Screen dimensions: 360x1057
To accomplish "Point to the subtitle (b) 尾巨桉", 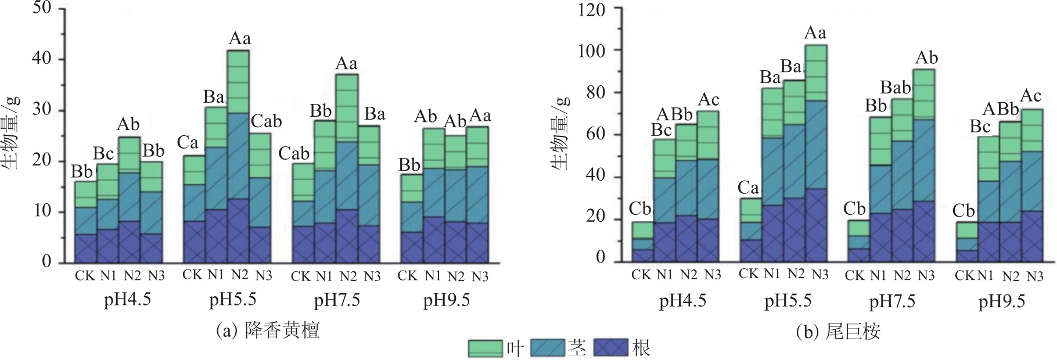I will click(x=838, y=332).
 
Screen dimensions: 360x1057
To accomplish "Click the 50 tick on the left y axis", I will click(x=42, y=8).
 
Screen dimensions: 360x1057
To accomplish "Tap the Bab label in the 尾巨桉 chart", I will click(x=896, y=88).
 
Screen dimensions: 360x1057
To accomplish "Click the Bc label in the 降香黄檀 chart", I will click(x=104, y=154).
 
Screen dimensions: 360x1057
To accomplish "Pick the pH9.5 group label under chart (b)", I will click(x=1001, y=301).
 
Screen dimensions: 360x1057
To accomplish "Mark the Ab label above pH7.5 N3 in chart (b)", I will click(x=926, y=58).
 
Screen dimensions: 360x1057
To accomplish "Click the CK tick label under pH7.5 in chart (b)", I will click(x=854, y=275).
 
